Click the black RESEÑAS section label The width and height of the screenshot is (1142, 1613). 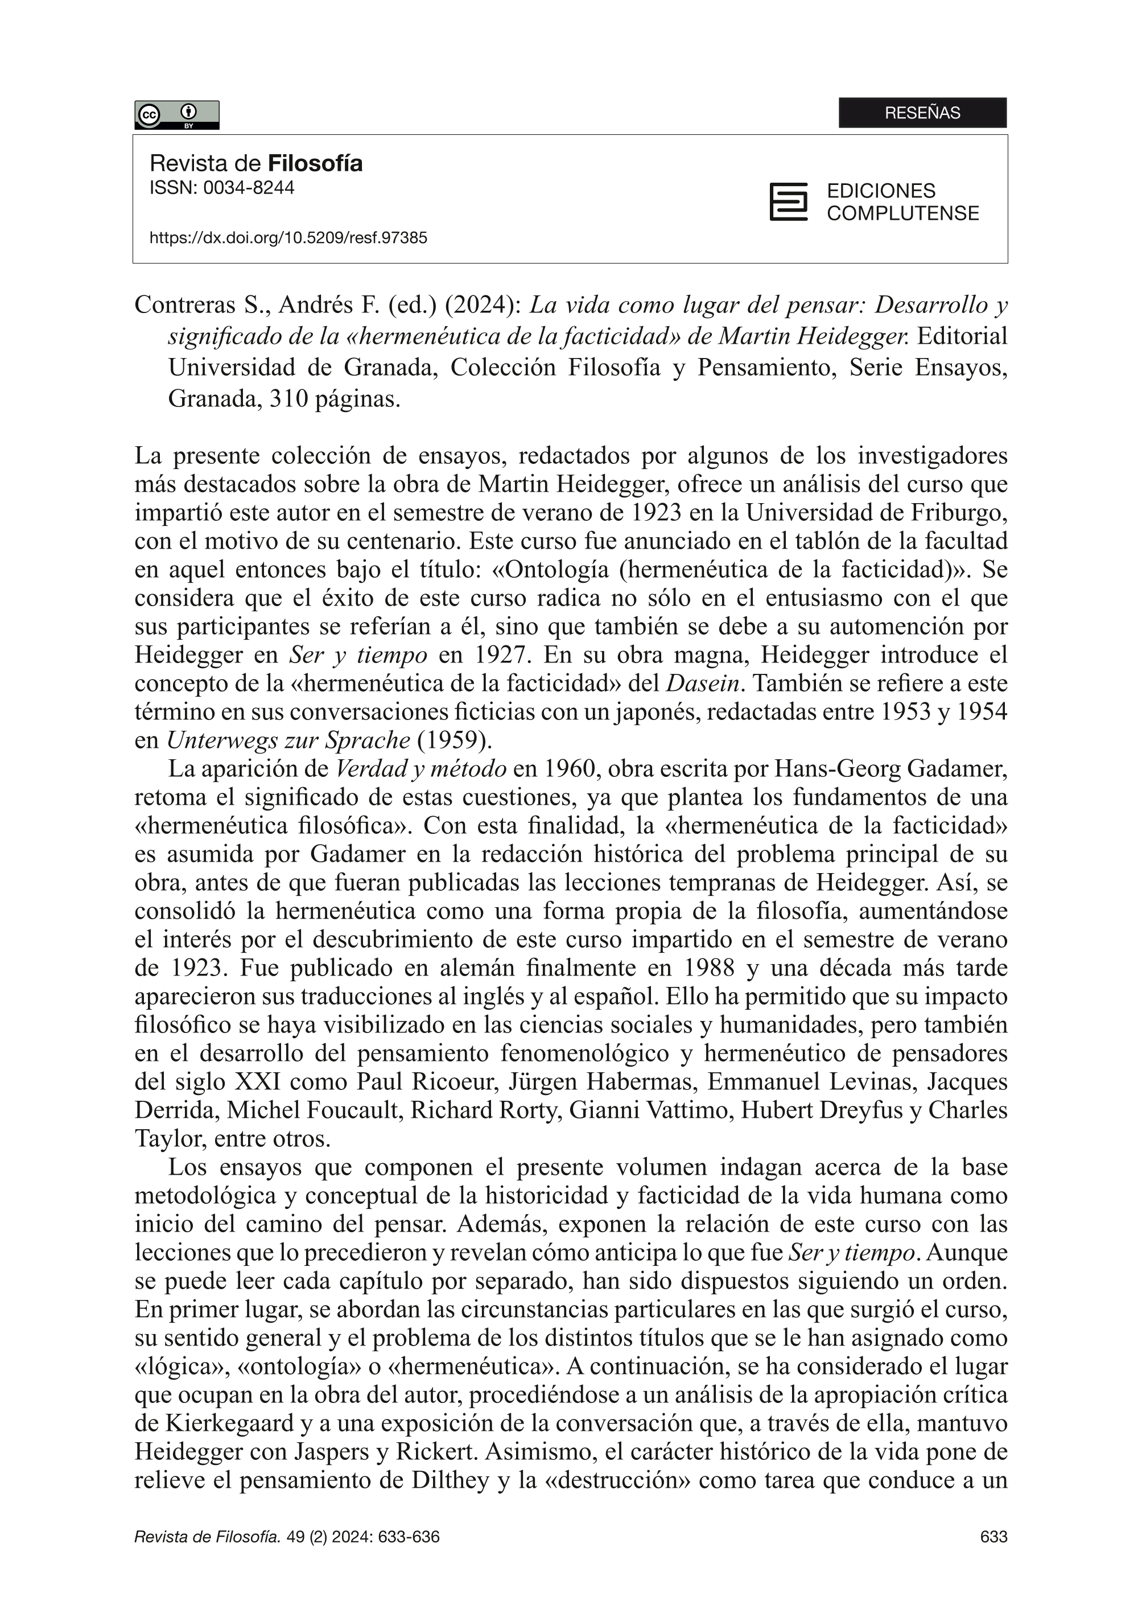pyautogui.click(x=922, y=113)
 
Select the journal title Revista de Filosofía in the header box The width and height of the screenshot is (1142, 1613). pyautogui.click(x=256, y=164)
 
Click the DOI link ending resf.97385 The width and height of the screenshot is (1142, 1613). pyautogui.click(x=288, y=238)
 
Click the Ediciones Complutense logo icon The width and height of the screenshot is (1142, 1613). pyautogui.click(x=788, y=202)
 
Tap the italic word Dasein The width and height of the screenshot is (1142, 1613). pyautogui.click(x=703, y=683)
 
